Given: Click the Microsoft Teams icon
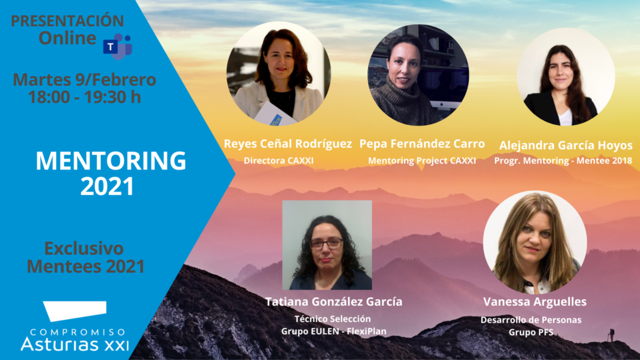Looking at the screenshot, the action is pos(118,47).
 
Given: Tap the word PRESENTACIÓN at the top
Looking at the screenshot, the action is pos(67,21).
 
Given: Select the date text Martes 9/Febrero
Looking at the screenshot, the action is pos(84,80).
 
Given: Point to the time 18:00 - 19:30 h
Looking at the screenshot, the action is pos(84,97).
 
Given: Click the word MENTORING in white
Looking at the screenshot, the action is pos(111,161).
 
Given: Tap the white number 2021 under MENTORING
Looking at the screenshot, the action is pos(107,186).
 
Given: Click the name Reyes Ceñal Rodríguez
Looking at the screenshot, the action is pos(288,144).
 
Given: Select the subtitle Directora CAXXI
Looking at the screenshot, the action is pos(279,161).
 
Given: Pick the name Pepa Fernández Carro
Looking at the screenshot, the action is pos(422,144).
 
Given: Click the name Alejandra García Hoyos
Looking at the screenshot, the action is pos(566,146).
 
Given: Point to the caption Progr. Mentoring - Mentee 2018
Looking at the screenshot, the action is pos(563,161).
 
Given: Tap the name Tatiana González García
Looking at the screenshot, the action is pos(334,302).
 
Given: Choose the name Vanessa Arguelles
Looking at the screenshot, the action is pos(534,302).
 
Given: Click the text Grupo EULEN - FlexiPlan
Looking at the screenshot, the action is pos(334,331).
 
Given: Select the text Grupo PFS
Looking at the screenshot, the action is pos(531,333).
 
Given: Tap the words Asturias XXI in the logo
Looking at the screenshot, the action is pos(75,344).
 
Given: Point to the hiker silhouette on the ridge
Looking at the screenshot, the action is pos(611,335).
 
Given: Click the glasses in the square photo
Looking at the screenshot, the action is pos(326,244).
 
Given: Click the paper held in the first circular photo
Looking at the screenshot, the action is pos(275,114).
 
